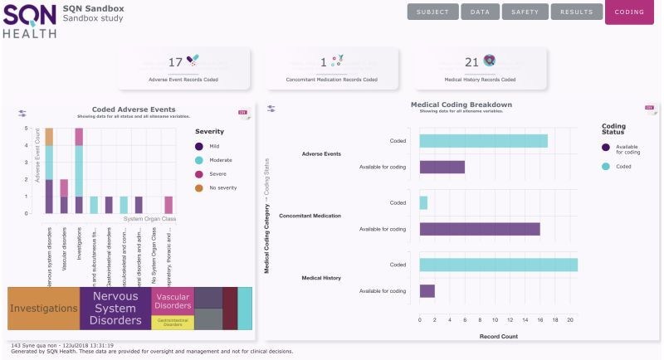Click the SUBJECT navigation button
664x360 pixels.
pyautogui.click(x=432, y=12)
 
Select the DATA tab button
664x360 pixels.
pyautogui.click(x=480, y=12)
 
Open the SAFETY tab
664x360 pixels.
pyautogui.click(x=525, y=12)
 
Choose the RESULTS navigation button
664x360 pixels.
pyautogui.click(x=576, y=12)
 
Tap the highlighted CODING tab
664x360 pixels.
pyautogui.click(x=629, y=12)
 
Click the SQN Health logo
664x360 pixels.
pyautogui.click(x=29, y=21)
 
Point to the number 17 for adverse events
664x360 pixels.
pyautogui.click(x=175, y=62)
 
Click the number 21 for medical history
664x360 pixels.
pyautogui.click(x=471, y=62)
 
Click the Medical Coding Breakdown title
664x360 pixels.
pyautogui.click(x=461, y=105)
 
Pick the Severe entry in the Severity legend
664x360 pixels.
pyautogui.click(x=214, y=174)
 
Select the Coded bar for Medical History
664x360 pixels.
pyautogui.click(x=498, y=265)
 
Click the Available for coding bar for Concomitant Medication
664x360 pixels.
pyautogui.click(x=480, y=229)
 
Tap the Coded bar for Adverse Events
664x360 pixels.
pyautogui.click(x=483, y=141)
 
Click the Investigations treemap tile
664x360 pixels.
pyautogui.click(x=43, y=309)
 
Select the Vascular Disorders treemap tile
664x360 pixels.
pyautogui.click(x=173, y=301)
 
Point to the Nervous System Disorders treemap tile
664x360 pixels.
pyautogui.click(x=115, y=309)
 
